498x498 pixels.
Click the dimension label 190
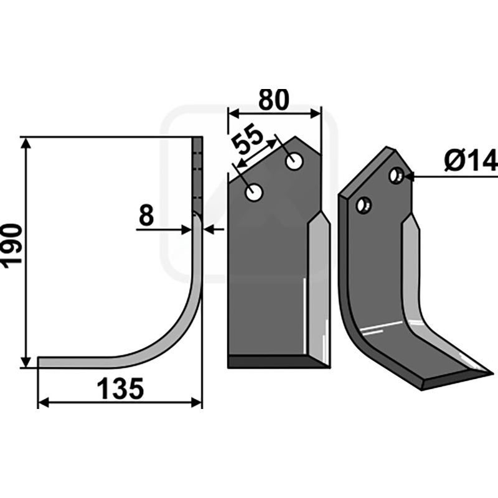click(12, 247)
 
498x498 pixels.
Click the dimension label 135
click(120, 388)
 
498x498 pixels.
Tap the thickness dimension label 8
click(146, 215)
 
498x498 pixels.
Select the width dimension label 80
click(274, 100)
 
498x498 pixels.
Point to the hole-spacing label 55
click(248, 139)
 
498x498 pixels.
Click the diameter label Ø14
click(471, 161)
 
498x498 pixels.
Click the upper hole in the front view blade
click(294, 161)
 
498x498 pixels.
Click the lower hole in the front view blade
click(254, 192)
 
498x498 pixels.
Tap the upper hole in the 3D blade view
click(397, 176)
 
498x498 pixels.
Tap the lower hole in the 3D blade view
click(364, 205)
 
